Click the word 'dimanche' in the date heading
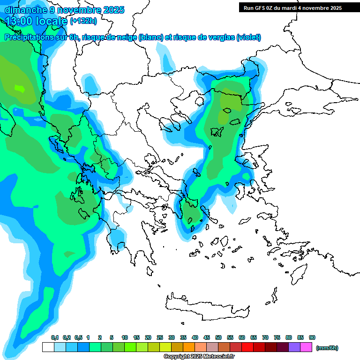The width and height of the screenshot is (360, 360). pyautogui.click(x=23, y=9)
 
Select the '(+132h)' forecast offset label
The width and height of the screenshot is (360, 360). pyautogui.click(x=83, y=21)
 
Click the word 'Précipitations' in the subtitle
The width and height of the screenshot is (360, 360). pyautogui.click(x=28, y=37)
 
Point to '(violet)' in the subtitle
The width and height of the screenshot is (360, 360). pyautogui.click(x=249, y=37)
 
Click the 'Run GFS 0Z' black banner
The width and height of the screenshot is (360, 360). pyautogui.click(x=291, y=8)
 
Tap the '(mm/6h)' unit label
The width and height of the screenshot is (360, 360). pyautogui.click(x=327, y=348)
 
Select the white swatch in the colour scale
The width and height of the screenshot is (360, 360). pyautogui.click(x=48, y=347)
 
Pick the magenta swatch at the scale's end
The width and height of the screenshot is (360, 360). pyautogui.click(x=306, y=347)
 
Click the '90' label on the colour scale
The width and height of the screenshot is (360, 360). pyautogui.click(x=312, y=337)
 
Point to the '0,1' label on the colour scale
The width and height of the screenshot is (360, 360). pyautogui.click(x=54, y=337)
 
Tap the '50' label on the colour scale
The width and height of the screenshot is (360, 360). pyautogui.click(x=218, y=337)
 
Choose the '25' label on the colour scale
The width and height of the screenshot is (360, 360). pyautogui.click(x=160, y=337)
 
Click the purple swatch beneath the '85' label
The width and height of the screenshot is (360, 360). pyautogui.click(x=294, y=347)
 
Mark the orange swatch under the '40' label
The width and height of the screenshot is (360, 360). pyautogui.click(x=189, y=347)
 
